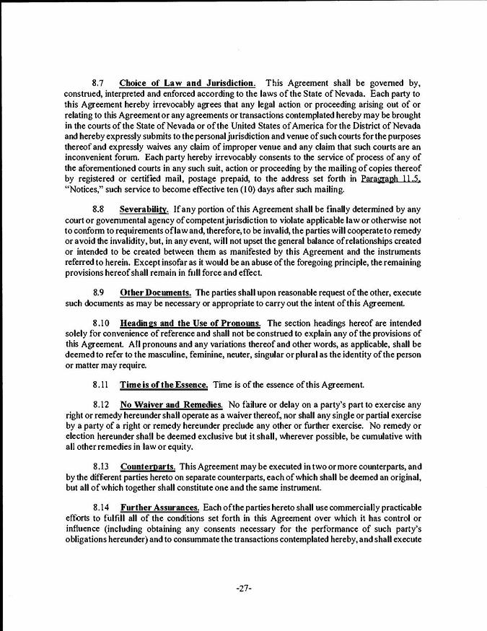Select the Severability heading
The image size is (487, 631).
coord(144,209)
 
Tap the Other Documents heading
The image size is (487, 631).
coord(155,292)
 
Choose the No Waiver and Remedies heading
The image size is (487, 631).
coord(171,404)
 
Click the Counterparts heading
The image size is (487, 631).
coord(147,466)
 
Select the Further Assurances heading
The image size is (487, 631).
coord(160,508)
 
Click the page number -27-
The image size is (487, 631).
coord(243,588)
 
